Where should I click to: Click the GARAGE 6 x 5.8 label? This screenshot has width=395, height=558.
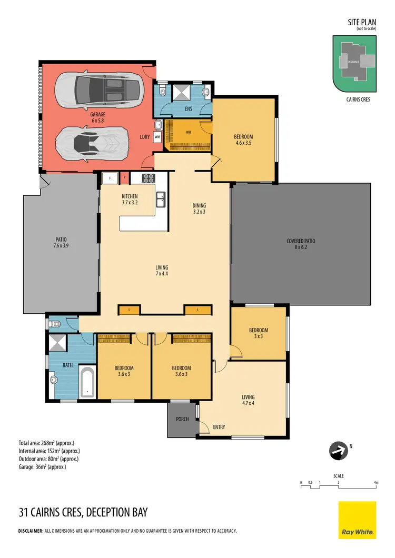[x=97, y=117]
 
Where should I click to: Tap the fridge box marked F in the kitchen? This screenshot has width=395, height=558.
[x=110, y=178]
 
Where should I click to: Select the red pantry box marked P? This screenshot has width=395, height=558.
[x=125, y=178]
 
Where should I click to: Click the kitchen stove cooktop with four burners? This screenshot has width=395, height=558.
[x=148, y=178]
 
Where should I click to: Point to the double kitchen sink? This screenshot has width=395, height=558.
[x=161, y=199]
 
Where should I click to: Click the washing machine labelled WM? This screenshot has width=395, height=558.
[x=157, y=136]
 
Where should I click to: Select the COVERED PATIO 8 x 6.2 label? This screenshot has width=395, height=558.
[x=300, y=244]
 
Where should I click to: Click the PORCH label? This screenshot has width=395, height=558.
[x=182, y=420]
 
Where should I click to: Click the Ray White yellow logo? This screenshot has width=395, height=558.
[x=357, y=520]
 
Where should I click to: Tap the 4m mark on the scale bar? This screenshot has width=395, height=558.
[x=376, y=482]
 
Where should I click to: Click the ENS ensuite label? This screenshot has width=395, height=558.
[x=188, y=109]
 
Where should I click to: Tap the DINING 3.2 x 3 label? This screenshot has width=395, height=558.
[x=199, y=208]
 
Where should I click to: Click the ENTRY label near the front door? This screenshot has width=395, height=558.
[x=219, y=427]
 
